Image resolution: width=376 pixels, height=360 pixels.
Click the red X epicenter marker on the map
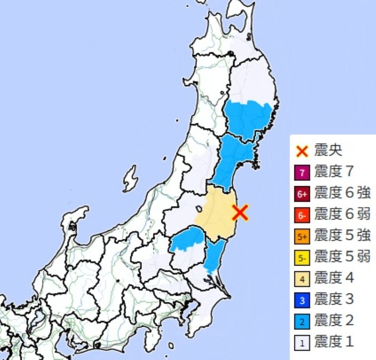tap(240, 212)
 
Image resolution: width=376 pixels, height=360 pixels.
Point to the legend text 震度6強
tap(342, 193)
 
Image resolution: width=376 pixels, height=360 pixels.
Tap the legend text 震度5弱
tap(342, 257)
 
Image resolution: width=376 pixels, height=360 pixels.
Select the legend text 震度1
tap(334, 342)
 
